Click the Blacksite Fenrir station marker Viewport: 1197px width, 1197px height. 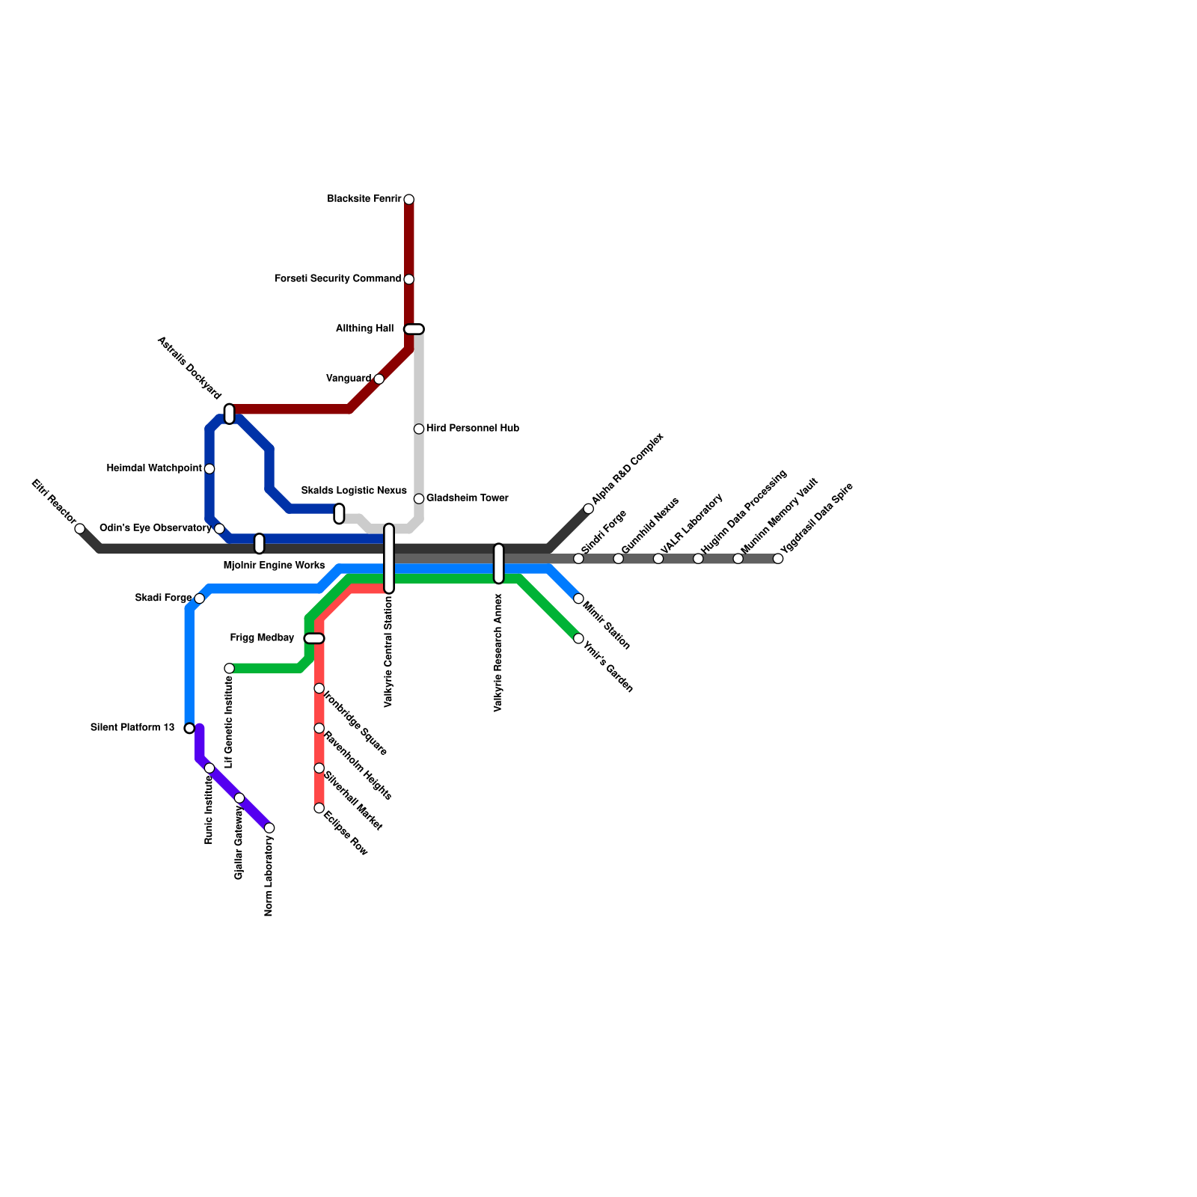pos(408,200)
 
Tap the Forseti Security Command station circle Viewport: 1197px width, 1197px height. pos(408,280)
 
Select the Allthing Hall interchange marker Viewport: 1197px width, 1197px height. pos(414,329)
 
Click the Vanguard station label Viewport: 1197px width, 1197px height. pos(349,379)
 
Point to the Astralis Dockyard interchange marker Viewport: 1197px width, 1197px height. pos(230,414)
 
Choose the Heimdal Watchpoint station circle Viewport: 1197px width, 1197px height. pos(209,469)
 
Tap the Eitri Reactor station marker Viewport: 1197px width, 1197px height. pos(80,529)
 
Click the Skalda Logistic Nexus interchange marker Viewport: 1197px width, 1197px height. pos(339,514)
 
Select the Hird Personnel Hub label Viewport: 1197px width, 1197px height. pos(472,429)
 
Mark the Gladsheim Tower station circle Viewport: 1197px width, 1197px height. pos(419,499)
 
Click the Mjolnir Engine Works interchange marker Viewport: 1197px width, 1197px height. pos(260,544)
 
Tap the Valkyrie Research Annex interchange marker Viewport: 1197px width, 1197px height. pos(499,563)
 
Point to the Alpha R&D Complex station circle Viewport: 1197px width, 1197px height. pos(589,509)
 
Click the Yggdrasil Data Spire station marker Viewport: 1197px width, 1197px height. pos(778,559)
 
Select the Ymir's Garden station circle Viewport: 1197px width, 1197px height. pos(578,639)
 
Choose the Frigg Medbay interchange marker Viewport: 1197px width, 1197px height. pos(314,638)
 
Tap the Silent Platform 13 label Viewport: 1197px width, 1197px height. pos(132,728)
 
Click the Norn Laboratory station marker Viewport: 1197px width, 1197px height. pos(269,828)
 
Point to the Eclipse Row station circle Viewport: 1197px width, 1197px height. pos(319,808)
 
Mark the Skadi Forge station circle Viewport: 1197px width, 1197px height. pos(199,598)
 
